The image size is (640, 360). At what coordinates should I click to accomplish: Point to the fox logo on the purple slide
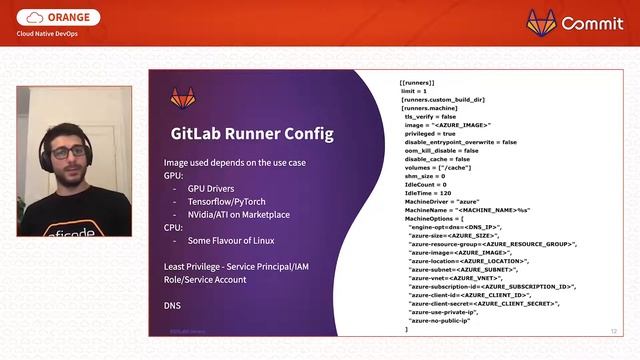[x=183, y=98]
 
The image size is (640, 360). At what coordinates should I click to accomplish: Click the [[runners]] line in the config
[x=416, y=82]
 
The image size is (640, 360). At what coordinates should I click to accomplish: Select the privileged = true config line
[x=430, y=133]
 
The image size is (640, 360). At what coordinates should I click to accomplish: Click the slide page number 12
[x=613, y=329]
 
